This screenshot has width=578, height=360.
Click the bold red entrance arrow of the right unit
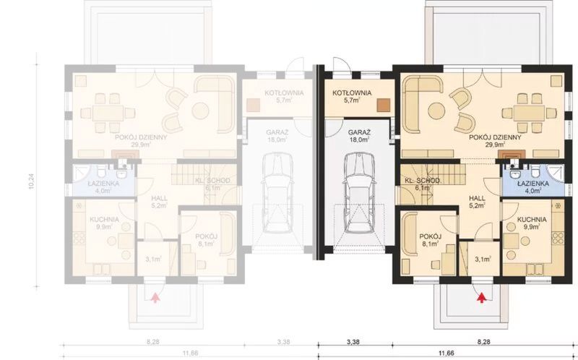point(482,295)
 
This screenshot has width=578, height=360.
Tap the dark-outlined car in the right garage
point(358,195)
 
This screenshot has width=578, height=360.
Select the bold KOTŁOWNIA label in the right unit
point(352,93)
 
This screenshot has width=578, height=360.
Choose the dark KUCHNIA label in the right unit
point(532,219)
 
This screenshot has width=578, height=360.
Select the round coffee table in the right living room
point(436,111)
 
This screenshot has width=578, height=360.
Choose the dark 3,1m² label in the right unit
point(482,258)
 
